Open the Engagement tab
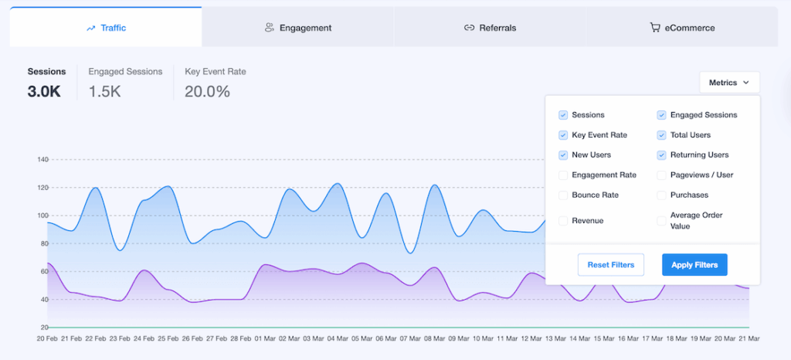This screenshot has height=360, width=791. pyautogui.click(x=297, y=28)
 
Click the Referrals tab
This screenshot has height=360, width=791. pyautogui.click(x=490, y=28)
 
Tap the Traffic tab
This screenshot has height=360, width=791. pyautogui.click(x=106, y=28)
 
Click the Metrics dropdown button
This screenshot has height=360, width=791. pyautogui.click(x=729, y=83)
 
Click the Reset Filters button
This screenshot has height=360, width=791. pyautogui.click(x=611, y=265)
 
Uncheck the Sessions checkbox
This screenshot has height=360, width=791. pyautogui.click(x=563, y=115)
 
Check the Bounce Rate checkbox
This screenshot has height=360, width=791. pyautogui.click(x=563, y=195)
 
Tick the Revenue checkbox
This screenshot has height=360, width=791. pyautogui.click(x=563, y=221)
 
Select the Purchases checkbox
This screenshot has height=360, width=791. pyautogui.click(x=661, y=195)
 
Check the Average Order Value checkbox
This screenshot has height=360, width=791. pyautogui.click(x=661, y=221)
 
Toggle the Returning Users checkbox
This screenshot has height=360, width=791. pyautogui.click(x=661, y=155)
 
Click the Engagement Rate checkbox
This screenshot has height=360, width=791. pyautogui.click(x=563, y=175)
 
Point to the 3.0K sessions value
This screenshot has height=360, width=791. pyautogui.click(x=44, y=91)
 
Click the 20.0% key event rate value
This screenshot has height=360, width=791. pyautogui.click(x=207, y=91)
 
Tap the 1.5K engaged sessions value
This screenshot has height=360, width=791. pyautogui.click(x=105, y=91)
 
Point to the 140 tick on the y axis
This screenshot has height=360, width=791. pyautogui.click(x=42, y=160)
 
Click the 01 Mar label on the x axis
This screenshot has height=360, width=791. pyautogui.click(x=265, y=338)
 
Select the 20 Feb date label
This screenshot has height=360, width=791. pyautogui.click(x=47, y=338)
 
